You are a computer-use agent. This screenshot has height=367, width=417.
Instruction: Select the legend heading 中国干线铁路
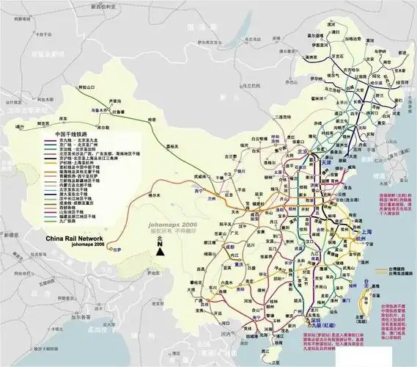coord(72,135)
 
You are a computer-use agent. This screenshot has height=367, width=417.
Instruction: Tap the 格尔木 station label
coord(153,195)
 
